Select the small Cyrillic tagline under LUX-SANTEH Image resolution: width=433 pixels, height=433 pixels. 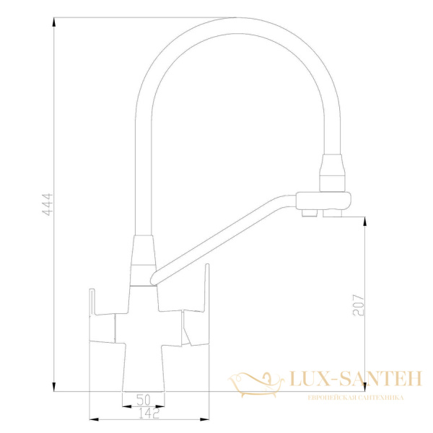355,398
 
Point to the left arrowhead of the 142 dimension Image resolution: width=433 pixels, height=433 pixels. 90,419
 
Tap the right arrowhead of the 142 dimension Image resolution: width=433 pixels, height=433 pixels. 207,419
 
